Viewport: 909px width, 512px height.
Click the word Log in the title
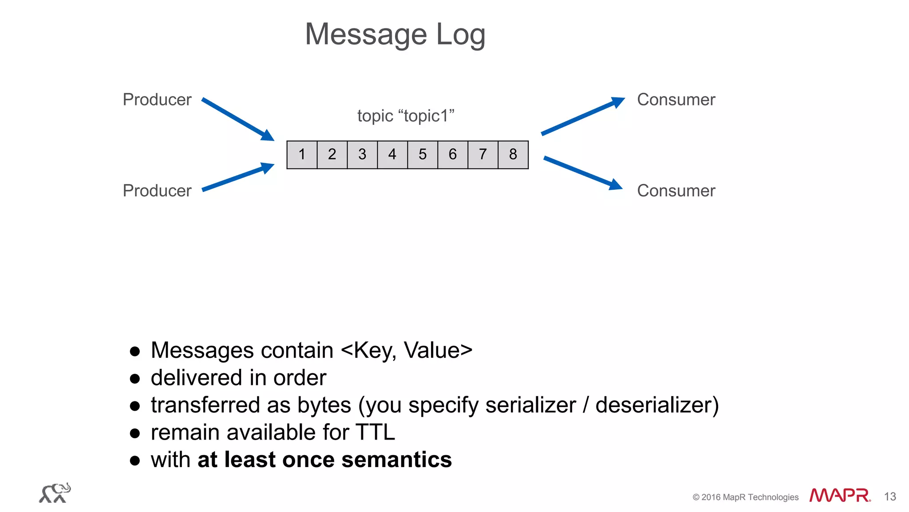[460, 35]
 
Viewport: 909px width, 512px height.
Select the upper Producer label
[157, 100]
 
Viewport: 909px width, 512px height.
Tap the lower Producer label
[157, 191]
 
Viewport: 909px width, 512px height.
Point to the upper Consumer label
[676, 100]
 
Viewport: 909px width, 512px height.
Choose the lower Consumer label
[676, 191]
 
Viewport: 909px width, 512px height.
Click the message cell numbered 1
[302, 155]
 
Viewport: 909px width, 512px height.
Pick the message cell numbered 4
[392, 155]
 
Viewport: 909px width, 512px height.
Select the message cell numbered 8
[513, 155]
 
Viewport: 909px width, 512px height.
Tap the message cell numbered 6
[453, 155]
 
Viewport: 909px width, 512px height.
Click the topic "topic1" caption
[406, 116]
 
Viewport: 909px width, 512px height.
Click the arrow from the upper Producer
[237, 119]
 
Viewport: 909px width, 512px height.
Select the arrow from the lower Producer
[237, 177]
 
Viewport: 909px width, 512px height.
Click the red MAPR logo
[839, 495]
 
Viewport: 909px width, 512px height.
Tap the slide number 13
[889, 497]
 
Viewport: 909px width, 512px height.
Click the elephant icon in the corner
[55, 493]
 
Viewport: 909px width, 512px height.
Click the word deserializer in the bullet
[656, 405]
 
